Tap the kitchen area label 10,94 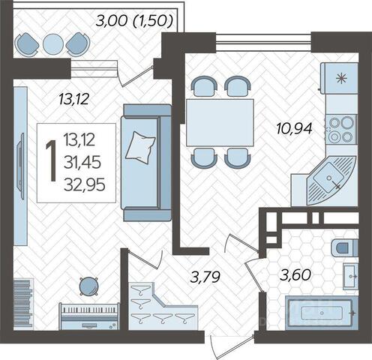click(295, 128)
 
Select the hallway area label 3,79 click(205, 277)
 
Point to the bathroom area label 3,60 click(295, 275)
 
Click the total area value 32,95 click(85, 185)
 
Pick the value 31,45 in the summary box click(82, 162)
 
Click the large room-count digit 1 click(51, 160)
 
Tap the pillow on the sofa click(140, 148)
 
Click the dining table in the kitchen click(220, 123)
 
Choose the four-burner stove click(341, 130)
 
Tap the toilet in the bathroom click(345, 248)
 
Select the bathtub click(322, 313)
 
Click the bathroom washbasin click(351, 276)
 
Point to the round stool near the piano click(88, 286)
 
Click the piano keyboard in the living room click(89, 317)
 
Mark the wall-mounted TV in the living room click(20, 166)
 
